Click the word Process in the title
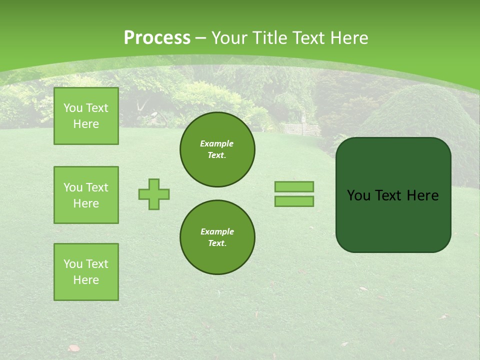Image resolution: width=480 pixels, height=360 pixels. [157, 38]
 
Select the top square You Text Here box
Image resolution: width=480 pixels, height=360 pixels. [86, 116]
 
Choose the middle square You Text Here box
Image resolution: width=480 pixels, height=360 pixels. [86, 195]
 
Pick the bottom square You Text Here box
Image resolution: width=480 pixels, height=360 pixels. [86, 272]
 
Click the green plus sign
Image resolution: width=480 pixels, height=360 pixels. [154, 194]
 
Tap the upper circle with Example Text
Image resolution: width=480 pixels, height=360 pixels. [217, 149]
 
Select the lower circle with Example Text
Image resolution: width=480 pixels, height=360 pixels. [217, 237]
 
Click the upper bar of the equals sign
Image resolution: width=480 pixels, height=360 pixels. [294, 186]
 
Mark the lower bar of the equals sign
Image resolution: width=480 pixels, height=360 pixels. [294, 201]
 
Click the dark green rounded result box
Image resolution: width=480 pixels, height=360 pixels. [393, 195]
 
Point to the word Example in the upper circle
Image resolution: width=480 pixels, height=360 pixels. [217, 143]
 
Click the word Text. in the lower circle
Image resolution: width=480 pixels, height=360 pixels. [217, 243]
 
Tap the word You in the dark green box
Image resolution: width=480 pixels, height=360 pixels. [358, 195]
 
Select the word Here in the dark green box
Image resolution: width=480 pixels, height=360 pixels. [422, 195]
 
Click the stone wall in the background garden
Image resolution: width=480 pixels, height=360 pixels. [301, 129]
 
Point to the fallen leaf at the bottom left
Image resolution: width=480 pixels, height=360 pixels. [73, 347]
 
